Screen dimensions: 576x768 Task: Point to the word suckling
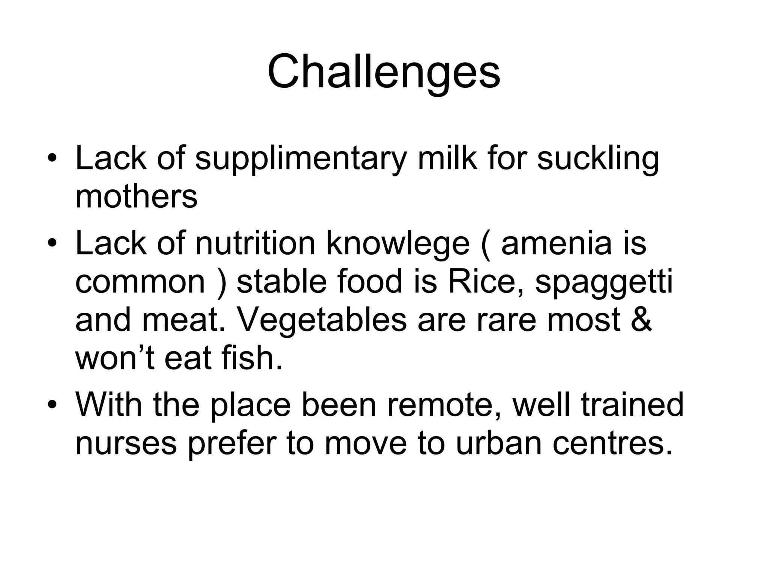[598, 159]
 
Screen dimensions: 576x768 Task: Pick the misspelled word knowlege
[398, 244]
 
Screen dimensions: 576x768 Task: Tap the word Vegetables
[322, 320]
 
